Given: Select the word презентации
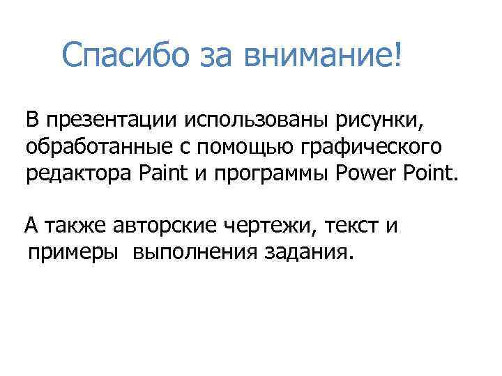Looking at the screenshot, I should coord(100,120).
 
